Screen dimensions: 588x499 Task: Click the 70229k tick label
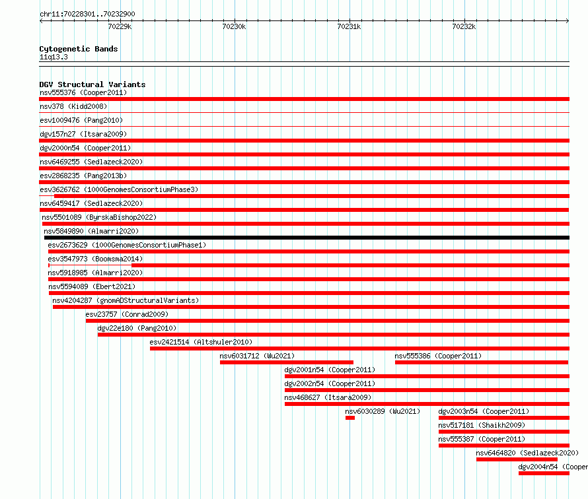click(x=120, y=26)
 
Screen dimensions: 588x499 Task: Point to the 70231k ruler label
click(x=349, y=26)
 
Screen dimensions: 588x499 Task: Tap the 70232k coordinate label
click(x=464, y=26)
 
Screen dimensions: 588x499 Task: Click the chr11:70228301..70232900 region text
click(x=87, y=14)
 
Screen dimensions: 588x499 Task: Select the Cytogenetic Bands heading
click(x=79, y=49)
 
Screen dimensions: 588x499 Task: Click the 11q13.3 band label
click(x=54, y=57)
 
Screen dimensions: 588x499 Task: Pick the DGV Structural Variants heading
click(x=92, y=84)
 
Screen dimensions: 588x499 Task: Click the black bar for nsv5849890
click(x=307, y=238)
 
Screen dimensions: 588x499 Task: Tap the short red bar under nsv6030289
click(x=350, y=418)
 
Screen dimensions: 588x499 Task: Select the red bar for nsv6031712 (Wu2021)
click(x=287, y=362)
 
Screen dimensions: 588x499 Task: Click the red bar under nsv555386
click(x=482, y=362)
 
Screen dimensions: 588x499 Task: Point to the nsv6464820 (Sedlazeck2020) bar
click(x=517, y=459)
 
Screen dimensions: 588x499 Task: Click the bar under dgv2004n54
click(x=544, y=473)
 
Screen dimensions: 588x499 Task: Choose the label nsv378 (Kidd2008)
click(x=73, y=106)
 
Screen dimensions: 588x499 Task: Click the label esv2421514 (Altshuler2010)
click(x=201, y=342)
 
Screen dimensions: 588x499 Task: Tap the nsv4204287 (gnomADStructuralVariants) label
click(x=126, y=300)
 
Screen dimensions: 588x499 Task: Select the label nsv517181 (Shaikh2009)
click(x=482, y=425)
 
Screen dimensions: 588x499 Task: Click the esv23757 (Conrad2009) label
click(x=127, y=314)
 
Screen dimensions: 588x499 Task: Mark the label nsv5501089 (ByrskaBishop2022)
click(x=99, y=217)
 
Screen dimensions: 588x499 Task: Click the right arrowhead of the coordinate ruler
click(x=568, y=20)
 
